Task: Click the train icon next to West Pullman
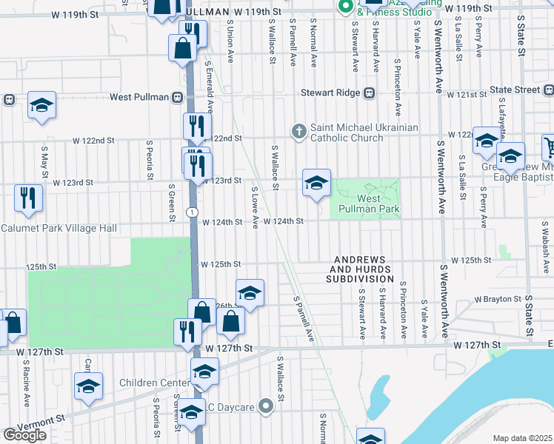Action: tap(177, 97)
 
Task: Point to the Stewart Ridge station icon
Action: tap(369, 93)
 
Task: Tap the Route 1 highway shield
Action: tap(192, 212)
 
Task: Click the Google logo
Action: tap(24, 435)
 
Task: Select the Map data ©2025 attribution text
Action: tap(523, 438)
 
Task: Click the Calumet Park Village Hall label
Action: tap(59, 229)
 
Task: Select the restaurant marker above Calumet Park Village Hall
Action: tap(28, 198)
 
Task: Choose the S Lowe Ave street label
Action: tap(255, 207)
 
